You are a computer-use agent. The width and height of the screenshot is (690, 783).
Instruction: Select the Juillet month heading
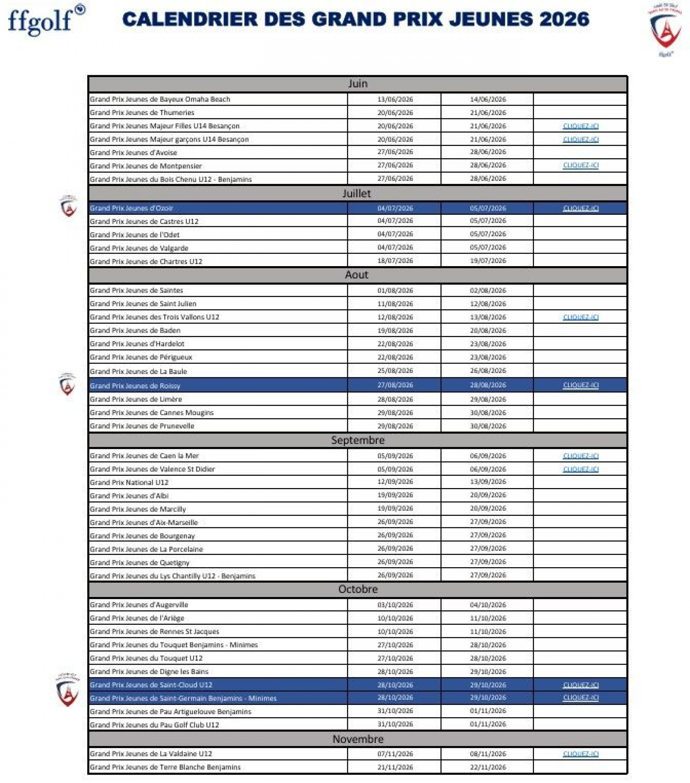(356, 194)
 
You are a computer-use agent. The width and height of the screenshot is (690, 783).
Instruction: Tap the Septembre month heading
(358, 440)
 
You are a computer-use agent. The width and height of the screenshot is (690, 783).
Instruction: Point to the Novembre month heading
(358, 739)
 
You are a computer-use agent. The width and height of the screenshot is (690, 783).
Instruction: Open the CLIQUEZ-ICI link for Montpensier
(580, 165)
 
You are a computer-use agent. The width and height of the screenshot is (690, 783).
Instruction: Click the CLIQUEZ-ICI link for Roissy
(580, 385)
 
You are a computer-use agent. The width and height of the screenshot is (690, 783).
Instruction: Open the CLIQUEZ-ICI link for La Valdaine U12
(580, 754)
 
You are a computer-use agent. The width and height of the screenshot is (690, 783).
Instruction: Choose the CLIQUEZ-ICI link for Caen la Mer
(580, 455)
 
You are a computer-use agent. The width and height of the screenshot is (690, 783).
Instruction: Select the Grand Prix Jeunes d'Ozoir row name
(131, 208)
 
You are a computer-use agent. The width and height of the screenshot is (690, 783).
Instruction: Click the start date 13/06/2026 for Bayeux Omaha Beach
(395, 99)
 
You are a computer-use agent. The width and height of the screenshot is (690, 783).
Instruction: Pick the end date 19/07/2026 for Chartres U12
(488, 260)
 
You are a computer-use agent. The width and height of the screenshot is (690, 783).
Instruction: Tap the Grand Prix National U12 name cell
(129, 482)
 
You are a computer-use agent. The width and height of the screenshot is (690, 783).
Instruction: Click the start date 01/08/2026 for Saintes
(395, 290)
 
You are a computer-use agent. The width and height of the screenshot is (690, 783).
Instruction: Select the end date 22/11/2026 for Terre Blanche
(488, 767)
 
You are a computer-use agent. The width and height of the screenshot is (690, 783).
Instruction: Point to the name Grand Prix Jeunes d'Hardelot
(137, 343)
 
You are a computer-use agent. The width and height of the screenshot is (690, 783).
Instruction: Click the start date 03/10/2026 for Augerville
(395, 605)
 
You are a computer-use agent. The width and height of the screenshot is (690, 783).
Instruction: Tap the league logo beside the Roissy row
(67, 384)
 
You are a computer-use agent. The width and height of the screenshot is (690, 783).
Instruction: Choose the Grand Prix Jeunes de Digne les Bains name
(149, 672)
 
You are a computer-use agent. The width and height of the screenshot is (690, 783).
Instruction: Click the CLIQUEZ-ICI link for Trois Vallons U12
(580, 317)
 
